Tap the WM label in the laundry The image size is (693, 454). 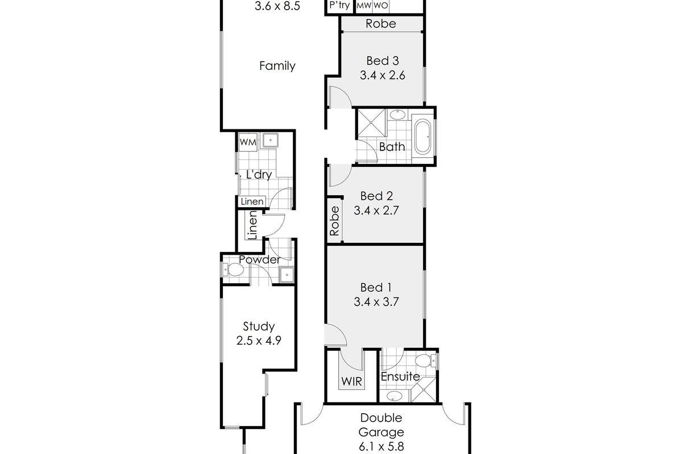[x=247, y=142]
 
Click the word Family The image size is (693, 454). [x=277, y=66]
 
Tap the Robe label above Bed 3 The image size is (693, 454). [x=380, y=24]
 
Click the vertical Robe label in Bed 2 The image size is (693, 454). [x=335, y=221]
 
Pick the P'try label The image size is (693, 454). [x=339, y=6]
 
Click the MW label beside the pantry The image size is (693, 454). [x=364, y=6]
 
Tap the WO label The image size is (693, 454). [x=380, y=6]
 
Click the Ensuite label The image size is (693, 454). [x=400, y=376]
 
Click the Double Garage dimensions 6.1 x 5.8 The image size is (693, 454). [x=381, y=446]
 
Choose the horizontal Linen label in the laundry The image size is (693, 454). [x=252, y=201]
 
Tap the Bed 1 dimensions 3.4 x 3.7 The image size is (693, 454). [x=375, y=302]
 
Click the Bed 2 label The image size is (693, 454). [x=377, y=196]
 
